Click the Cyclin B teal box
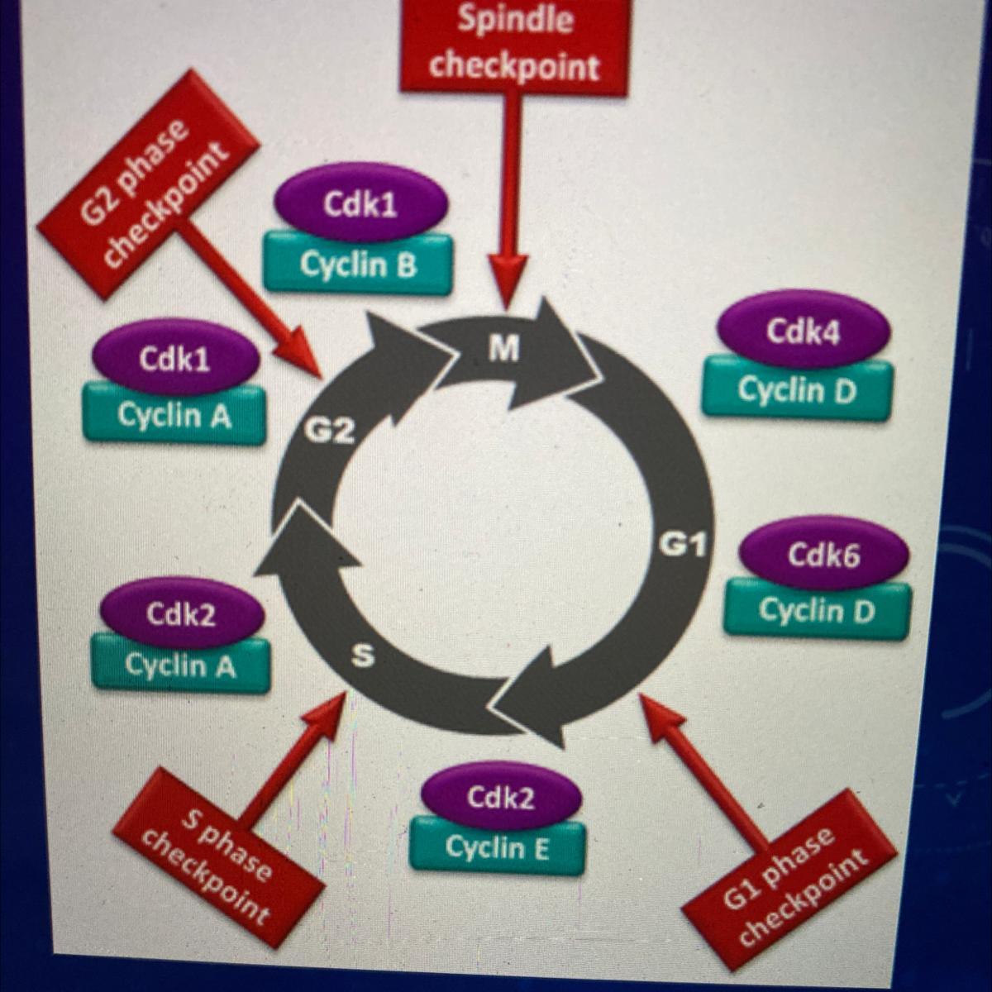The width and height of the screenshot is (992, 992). point(358,265)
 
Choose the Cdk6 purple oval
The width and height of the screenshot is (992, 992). point(823,554)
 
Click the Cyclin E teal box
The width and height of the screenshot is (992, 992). point(498,847)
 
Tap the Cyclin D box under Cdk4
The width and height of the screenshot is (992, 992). point(797,389)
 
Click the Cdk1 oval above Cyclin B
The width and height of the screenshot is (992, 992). point(360,206)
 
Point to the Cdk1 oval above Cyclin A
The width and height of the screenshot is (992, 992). point(174,360)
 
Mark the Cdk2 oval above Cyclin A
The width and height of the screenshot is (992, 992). point(181,614)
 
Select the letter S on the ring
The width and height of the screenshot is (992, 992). point(363,656)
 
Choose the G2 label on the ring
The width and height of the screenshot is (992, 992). point(328,431)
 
